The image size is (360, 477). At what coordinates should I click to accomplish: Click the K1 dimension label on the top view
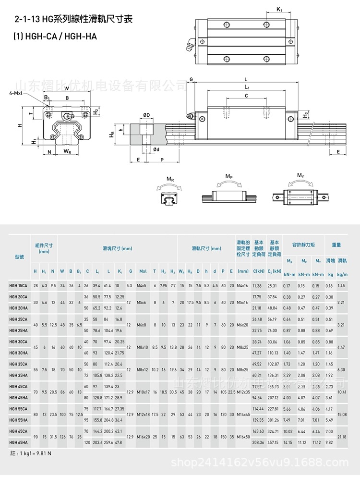tap(280, 9)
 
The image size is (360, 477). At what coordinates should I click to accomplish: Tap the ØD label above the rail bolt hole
tap(146, 115)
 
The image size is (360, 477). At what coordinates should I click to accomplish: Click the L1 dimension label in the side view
tap(246, 87)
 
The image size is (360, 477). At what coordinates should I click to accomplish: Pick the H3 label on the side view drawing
tap(306, 115)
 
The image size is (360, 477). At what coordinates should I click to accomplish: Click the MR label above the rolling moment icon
tap(170, 179)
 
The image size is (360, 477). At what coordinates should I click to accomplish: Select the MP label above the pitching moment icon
tap(229, 177)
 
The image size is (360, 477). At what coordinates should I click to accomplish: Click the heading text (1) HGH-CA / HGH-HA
tap(55, 36)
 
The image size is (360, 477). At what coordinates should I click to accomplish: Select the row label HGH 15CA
tap(18, 286)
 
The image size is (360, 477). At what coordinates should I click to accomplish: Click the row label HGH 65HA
tap(18, 442)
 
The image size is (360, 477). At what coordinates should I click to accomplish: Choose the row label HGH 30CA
tap(18, 341)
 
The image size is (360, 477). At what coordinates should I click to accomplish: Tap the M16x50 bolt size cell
tap(243, 437)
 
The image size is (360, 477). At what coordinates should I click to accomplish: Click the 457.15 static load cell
tap(273, 442)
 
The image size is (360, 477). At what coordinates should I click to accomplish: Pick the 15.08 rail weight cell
tap(342, 414)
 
